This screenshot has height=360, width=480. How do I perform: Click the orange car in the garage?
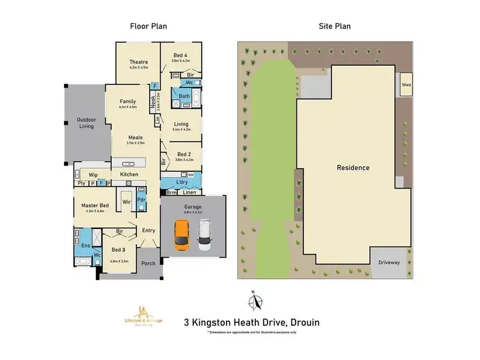pyautogui.click(x=182, y=236)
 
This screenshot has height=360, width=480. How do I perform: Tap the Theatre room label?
pyautogui.click(x=138, y=62)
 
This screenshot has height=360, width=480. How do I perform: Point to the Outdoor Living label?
pyautogui.click(x=86, y=123)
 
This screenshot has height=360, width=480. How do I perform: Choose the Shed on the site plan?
pyautogui.click(x=406, y=84)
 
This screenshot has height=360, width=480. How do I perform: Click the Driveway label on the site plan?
pyautogui.click(x=388, y=262)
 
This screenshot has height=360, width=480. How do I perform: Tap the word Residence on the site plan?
pyautogui.click(x=353, y=168)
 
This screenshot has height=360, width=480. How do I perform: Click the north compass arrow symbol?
pyautogui.click(x=255, y=300)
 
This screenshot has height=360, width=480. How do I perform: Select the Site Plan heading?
pyautogui.click(x=335, y=26)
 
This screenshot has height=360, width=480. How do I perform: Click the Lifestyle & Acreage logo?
pyautogui.click(x=143, y=317)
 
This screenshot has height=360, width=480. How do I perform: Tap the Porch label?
pyautogui.click(x=148, y=263)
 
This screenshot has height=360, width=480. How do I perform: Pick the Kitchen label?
pyautogui.click(x=129, y=175)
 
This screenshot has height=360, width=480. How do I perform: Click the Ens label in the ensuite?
pyautogui.click(x=85, y=244)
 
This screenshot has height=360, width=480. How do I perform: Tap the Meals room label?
pyautogui.click(x=135, y=137)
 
